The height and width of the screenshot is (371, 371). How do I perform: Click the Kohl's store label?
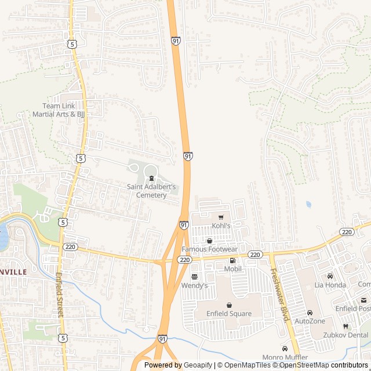point(221,225)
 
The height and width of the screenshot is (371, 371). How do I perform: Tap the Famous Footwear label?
point(209,249)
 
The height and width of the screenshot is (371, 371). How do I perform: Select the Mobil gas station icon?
point(232,261)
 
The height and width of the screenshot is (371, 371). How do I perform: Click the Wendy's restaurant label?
point(194,286)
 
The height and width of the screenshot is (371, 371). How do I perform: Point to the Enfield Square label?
point(229,314)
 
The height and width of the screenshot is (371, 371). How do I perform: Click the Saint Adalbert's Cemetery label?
point(151,191)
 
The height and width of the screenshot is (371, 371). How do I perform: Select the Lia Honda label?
point(330,285)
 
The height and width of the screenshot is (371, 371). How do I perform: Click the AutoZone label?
point(310,321)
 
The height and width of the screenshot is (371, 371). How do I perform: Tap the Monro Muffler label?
point(285,357)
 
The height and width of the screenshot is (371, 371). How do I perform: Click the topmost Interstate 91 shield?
point(176,41)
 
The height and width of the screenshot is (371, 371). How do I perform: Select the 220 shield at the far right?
point(347,232)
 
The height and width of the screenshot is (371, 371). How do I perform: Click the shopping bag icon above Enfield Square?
point(229,305)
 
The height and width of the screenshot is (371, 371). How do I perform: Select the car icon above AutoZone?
point(310,312)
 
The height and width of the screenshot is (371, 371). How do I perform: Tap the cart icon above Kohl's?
point(221,217)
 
